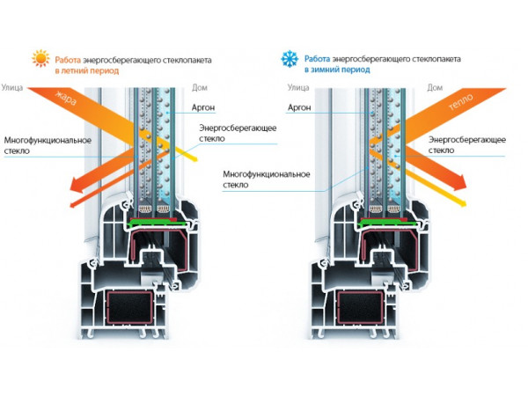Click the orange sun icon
coord(40,59)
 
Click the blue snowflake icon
coord(290,59)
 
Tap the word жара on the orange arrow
coord(66,98)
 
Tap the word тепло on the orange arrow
coord(460,102)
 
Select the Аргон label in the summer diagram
coord(203,107)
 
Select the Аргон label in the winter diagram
coord(299,107)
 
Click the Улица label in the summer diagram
coord(12,87)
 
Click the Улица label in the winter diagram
coord(298,87)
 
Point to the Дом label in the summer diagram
coord(200,87)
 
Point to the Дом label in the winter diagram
coord(435,87)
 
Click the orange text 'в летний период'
coord(87,70)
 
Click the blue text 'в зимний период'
coord(337,70)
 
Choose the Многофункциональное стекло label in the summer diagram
coord(48,145)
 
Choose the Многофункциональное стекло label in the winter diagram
coord(267,180)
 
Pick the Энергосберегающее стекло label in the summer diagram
coord(238,133)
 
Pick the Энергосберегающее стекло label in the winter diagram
coord(467,145)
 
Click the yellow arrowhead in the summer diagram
coord(193,158)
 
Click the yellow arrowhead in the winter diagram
coord(463,202)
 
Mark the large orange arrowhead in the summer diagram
coord(77,186)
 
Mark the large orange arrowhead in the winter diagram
coord(459,183)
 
